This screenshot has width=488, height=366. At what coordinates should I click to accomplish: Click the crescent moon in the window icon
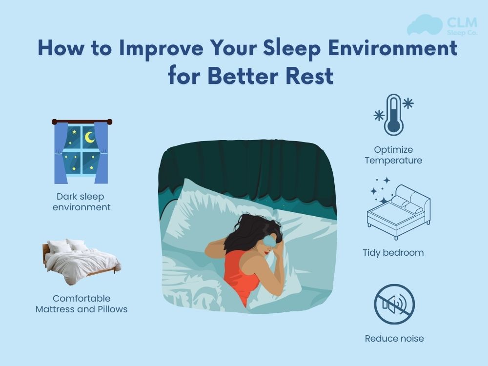pyautogui.click(x=89, y=138)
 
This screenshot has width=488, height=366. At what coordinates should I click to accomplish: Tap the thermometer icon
pyautogui.click(x=393, y=115)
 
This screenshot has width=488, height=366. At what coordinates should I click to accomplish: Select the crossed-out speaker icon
pyautogui.click(x=394, y=305)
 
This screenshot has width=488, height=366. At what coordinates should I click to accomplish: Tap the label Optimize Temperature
pyautogui.click(x=393, y=155)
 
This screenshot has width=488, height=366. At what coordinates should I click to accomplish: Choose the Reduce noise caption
pyautogui.click(x=394, y=338)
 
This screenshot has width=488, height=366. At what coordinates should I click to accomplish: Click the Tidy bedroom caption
pyautogui.click(x=393, y=253)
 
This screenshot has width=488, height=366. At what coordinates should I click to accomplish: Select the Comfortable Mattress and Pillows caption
pyautogui.click(x=81, y=304)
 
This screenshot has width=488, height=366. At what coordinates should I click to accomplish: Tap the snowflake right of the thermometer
pyautogui.click(x=407, y=103)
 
